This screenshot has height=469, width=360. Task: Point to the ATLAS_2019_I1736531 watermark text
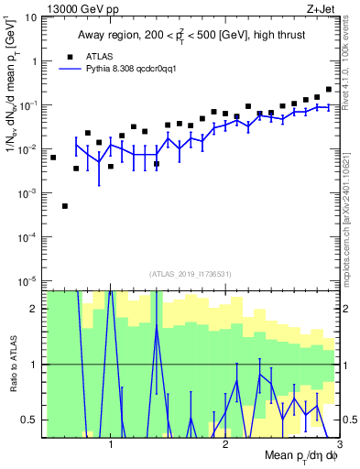click(x=191, y=274)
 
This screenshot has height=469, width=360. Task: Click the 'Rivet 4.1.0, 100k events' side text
click(x=352, y=64)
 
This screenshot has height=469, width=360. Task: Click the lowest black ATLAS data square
click(x=65, y=206)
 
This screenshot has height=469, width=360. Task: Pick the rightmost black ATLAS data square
click(x=329, y=89)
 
